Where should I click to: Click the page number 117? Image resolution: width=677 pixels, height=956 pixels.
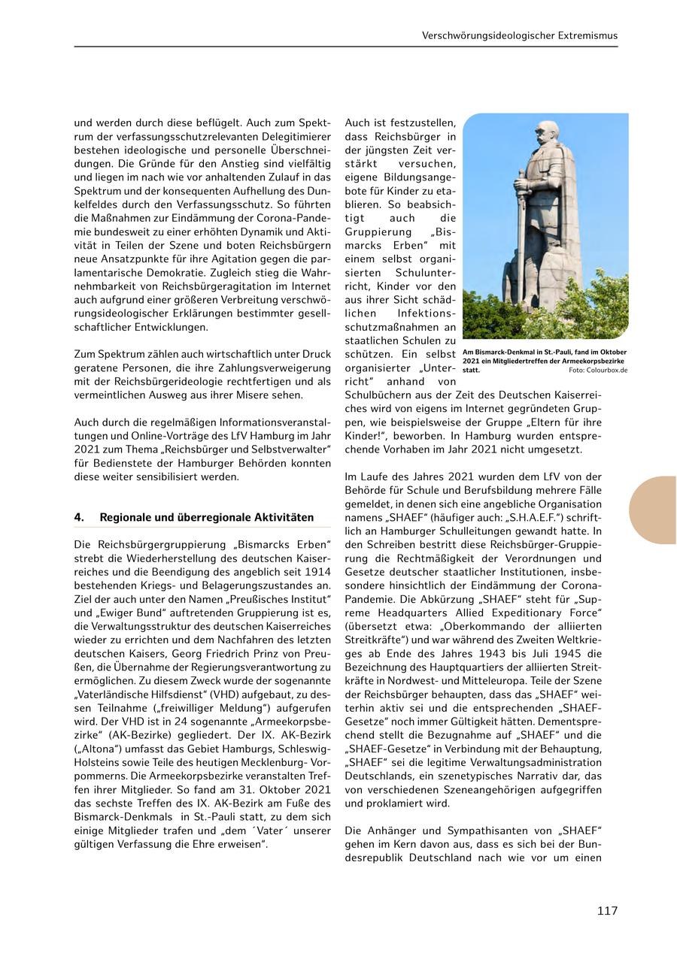click(607, 911)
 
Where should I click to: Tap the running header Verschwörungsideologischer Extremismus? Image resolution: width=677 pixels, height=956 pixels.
click(520, 35)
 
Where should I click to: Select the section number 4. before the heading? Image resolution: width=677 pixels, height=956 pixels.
click(78, 517)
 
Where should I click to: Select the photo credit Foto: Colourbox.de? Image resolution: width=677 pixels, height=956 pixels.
click(598, 371)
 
